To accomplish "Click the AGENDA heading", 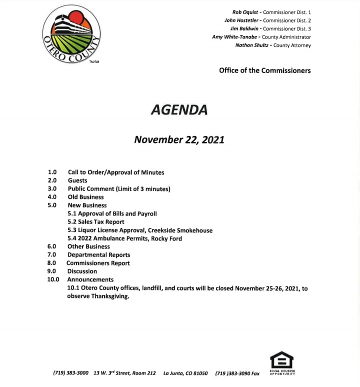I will click(178, 109).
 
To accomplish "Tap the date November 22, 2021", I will click(179, 140).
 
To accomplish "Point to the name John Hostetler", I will click(242, 20).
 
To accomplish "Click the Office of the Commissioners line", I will click(264, 70).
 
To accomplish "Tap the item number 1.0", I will click(52, 172).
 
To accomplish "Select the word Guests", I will click(77, 180).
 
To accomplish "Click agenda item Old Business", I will click(85, 197).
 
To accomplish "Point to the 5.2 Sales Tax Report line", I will click(96, 221).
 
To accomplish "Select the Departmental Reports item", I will click(98, 255).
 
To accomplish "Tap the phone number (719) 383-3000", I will click(70, 373).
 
